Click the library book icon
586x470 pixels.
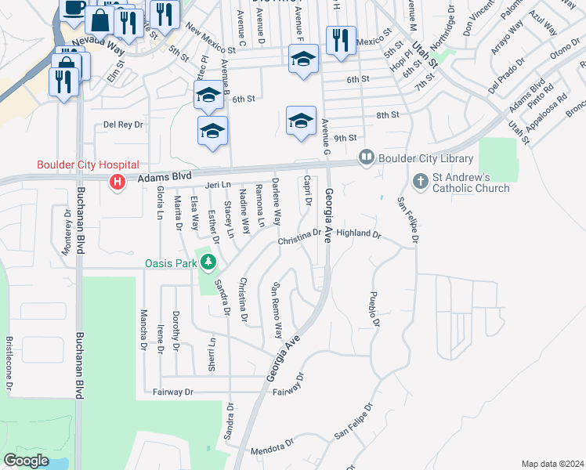click(365, 157)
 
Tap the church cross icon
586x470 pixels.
click(420, 182)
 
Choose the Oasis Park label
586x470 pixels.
click(171, 263)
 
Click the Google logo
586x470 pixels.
click(27, 461)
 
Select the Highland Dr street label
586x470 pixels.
click(358, 233)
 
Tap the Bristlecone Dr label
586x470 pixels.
click(10, 363)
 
